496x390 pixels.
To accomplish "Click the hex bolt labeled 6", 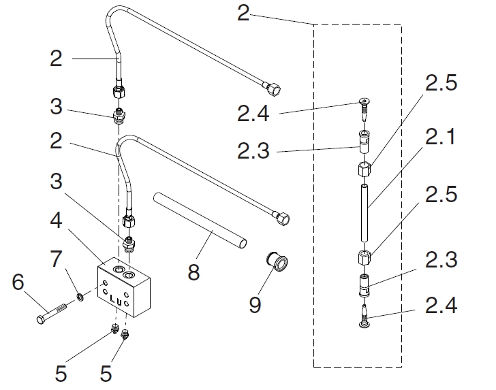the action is point(52,314).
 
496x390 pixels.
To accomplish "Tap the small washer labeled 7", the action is point(80,297).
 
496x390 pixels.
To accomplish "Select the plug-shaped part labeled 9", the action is point(277,261).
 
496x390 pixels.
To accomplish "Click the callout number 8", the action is point(193,272).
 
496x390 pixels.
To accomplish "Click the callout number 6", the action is point(18,281).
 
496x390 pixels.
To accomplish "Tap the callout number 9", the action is point(255,304).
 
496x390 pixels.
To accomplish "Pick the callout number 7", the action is point(56,258).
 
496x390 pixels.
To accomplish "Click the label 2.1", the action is point(441,137).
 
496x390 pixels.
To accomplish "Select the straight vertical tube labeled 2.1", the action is point(365,213).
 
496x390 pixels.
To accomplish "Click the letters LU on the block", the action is point(115,299).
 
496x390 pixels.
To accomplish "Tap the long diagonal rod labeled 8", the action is point(200,221).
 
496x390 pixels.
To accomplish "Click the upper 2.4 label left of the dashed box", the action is point(253,114).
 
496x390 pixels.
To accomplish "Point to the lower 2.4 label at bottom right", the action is point(441,306).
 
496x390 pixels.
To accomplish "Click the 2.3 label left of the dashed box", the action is point(253,150).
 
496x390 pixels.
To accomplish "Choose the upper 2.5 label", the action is point(441,82).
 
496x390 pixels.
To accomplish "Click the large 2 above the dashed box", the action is point(244,13).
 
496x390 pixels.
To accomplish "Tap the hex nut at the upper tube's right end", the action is point(274,89).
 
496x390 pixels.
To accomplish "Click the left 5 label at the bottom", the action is point(61,373).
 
